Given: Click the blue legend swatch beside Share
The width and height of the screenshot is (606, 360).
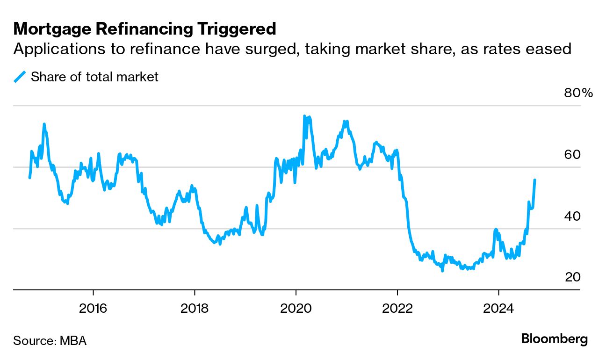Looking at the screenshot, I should (20, 77).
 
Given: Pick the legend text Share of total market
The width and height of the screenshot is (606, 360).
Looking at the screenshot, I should (94, 77).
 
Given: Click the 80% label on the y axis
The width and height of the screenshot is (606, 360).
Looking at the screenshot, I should (578, 93).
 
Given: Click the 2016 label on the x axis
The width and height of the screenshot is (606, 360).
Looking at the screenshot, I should (94, 309).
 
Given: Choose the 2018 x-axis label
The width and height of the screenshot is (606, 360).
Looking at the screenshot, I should (195, 309).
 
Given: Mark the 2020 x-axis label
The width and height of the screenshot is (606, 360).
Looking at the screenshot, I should (296, 309).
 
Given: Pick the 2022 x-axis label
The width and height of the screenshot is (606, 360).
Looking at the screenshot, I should (397, 309).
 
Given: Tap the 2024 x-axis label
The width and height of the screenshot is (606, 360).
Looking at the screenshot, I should (498, 309).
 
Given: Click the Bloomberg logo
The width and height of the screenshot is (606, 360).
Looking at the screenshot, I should (555, 339).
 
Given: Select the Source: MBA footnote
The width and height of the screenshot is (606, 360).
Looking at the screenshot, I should (50, 340).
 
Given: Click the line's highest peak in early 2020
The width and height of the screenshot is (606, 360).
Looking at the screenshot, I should (304, 116).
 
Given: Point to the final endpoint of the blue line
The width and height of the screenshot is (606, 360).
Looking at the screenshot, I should (535, 180).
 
